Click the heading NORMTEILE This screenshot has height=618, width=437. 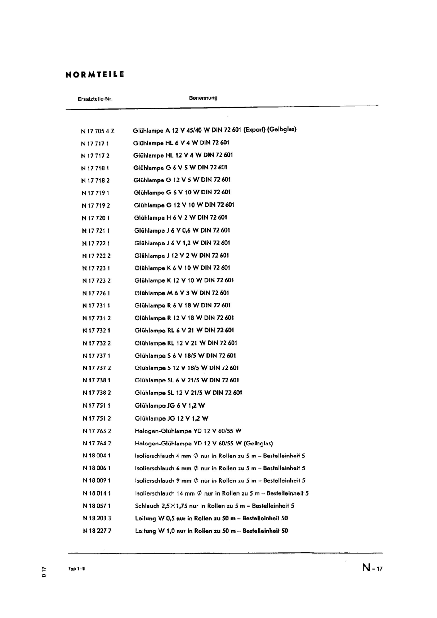coord(95,75)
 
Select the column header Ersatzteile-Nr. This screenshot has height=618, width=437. coord(95,99)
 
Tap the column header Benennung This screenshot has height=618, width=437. coord(203,98)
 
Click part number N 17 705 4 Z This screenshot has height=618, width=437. coord(98,131)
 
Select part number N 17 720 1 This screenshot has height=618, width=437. coord(96,218)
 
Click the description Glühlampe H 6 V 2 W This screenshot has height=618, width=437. coord(180,217)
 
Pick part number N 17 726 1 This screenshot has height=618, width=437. coord(96,293)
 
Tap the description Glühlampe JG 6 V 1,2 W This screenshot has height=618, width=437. coord(170,406)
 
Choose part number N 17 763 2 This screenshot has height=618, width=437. coord(97,431)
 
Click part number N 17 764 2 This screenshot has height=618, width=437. coord(97,443)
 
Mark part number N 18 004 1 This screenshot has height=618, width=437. coord(97,456)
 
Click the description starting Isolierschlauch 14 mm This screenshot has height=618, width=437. coord(222,493)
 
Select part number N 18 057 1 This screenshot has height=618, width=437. coord(97,506)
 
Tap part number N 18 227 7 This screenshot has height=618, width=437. coord(97,531)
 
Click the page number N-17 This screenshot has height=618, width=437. coord(372,568)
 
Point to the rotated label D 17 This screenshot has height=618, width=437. coord(44,571)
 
